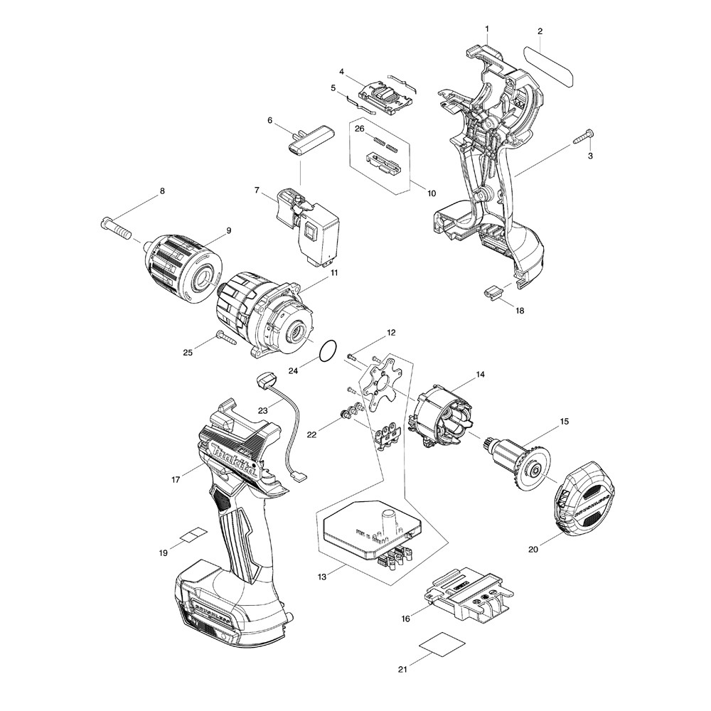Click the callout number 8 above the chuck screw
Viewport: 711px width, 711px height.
(x=161, y=191)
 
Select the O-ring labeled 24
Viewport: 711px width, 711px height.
(x=328, y=351)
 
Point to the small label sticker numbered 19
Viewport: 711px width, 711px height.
(x=192, y=535)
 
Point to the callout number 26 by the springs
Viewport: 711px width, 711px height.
(x=359, y=129)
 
